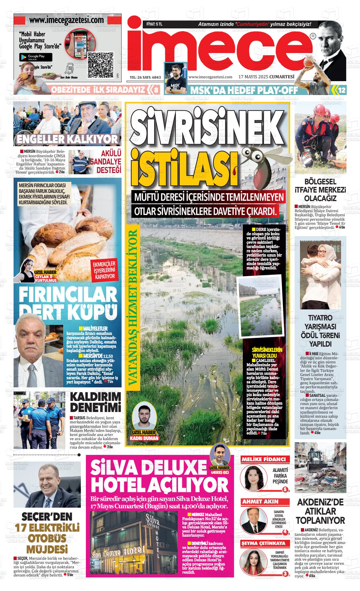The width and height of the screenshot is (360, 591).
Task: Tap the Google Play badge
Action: pos(36,57)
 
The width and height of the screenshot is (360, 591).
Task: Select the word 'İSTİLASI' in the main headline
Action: pos(184,170)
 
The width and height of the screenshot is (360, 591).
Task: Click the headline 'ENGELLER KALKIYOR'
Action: pos(67,139)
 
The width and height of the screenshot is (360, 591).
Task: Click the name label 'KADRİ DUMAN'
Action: pos(144,439)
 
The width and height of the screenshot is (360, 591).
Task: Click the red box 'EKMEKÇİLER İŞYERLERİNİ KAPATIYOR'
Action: pos(103,270)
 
